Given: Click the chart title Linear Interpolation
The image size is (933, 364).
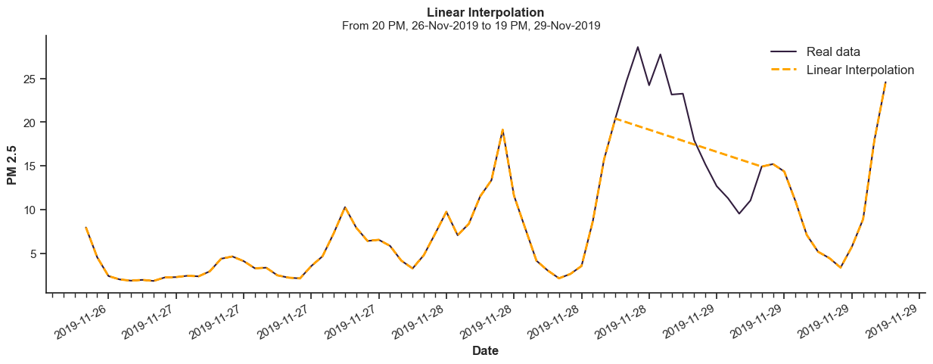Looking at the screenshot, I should coord(485,12).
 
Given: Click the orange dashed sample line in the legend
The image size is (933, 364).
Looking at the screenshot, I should coord(784,70).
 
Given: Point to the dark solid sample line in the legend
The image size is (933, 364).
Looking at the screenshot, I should coord(784,51).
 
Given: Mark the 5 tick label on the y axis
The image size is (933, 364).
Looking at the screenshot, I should coord(34,254).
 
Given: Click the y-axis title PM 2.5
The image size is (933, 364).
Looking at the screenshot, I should coord(12,164).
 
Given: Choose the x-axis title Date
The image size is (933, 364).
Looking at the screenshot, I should coord(485,351).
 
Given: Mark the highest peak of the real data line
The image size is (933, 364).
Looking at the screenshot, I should coord(637,47).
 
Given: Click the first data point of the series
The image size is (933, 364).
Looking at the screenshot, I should coord(86,227).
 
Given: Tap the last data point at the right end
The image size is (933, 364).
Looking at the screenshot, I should coord(885,82).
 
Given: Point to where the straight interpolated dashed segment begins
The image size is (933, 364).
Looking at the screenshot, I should coord(615,118).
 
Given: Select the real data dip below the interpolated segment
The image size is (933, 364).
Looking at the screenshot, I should coord(739,213).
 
